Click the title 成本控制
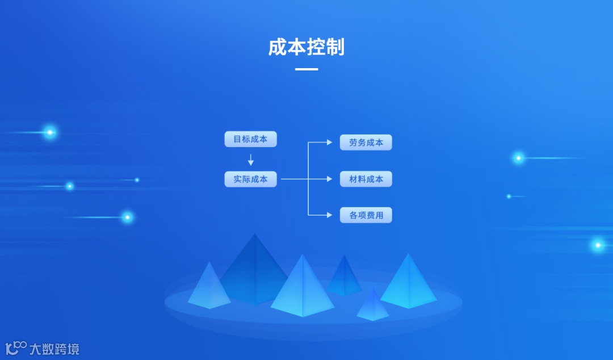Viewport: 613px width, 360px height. click(306, 47)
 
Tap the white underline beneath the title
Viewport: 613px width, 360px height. click(306, 69)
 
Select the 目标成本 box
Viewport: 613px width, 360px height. click(250, 139)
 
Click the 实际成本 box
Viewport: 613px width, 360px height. click(250, 179)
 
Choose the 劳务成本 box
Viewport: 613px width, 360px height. click(366, 143)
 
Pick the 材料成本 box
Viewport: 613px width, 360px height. click(366, 179)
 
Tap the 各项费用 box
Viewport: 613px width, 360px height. click(366, 215)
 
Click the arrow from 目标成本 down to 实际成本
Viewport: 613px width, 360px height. click(250, 160)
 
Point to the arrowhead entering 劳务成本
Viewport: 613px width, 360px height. click(330, 143)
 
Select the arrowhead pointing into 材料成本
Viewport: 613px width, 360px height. click(329, 179)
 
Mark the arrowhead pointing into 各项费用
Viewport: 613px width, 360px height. click(330, 215)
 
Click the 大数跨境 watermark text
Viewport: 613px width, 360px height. click(54, 349)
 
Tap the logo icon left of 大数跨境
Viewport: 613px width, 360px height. click(16, 348)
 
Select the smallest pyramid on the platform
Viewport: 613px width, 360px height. click(372, 307)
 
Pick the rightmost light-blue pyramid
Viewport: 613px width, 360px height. click(408, 283)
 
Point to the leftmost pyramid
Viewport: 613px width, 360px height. click(209, 287)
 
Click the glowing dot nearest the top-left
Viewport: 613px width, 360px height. click(50, 132)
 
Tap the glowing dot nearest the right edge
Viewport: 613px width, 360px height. click(597, 245)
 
